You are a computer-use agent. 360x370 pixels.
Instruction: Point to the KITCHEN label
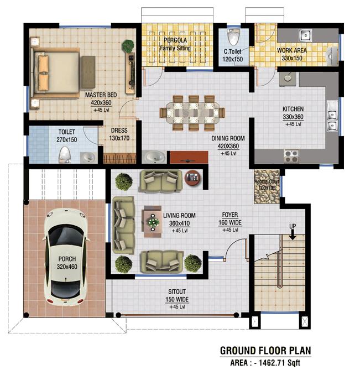pyautogui.click(x=293, y=110)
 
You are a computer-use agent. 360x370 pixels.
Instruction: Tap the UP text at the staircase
pyautogui.click(x=293, y=227)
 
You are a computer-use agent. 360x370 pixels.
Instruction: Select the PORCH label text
pyautogui.click(x=66, y=258)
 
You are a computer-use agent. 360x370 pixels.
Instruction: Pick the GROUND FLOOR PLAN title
pyautogui.click(x=265, y=351)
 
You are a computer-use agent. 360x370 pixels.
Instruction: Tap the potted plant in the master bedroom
pyautogui.click(x=128, y=46)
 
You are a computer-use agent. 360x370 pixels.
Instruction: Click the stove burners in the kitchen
pyautogui.click(x=291, y=155)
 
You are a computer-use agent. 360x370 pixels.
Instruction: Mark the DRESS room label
pyautogui.click(x=119, y=131)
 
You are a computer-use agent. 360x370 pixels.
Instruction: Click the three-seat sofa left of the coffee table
pyautogui.click(x=124, y=223)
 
